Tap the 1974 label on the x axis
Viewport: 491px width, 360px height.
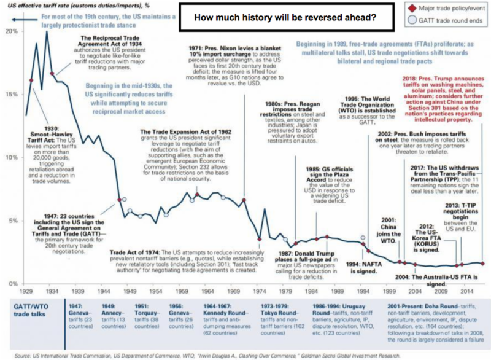[x=259, y=289]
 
